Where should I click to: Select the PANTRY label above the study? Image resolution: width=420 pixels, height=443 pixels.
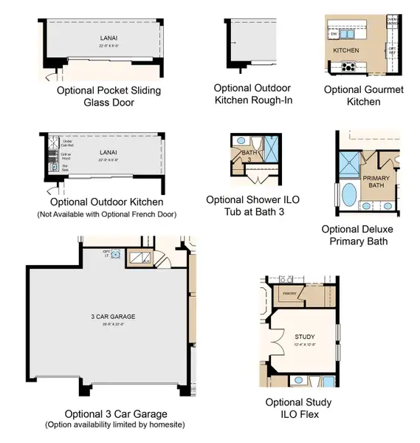point(289,293)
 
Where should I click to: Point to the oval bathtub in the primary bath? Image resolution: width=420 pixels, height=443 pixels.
point(348,199)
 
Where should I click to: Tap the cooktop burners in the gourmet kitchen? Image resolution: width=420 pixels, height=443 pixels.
point(348,67)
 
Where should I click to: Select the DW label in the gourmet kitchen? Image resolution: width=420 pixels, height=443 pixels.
point(334,33)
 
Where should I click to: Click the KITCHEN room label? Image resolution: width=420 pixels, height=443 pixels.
point(345,50)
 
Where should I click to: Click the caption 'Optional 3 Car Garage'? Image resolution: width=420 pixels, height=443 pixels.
point(116,413)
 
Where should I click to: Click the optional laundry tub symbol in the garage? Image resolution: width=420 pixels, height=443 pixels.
point(117,255)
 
